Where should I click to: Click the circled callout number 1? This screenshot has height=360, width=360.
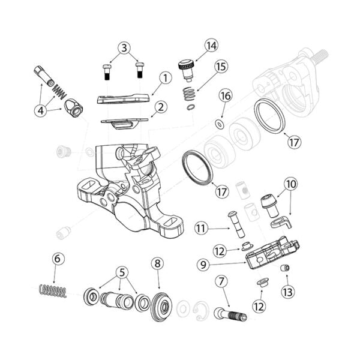166,78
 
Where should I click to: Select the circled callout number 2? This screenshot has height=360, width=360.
160,108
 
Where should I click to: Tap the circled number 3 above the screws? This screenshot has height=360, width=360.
124,47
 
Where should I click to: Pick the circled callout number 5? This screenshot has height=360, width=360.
123,272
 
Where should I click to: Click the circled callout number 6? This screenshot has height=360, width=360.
58,259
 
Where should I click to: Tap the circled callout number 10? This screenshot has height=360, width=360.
290,184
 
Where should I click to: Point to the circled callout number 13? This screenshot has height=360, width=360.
286,292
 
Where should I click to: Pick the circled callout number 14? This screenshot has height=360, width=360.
211,46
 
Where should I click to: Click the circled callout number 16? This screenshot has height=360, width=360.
226,96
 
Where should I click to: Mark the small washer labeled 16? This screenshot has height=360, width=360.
220,124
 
